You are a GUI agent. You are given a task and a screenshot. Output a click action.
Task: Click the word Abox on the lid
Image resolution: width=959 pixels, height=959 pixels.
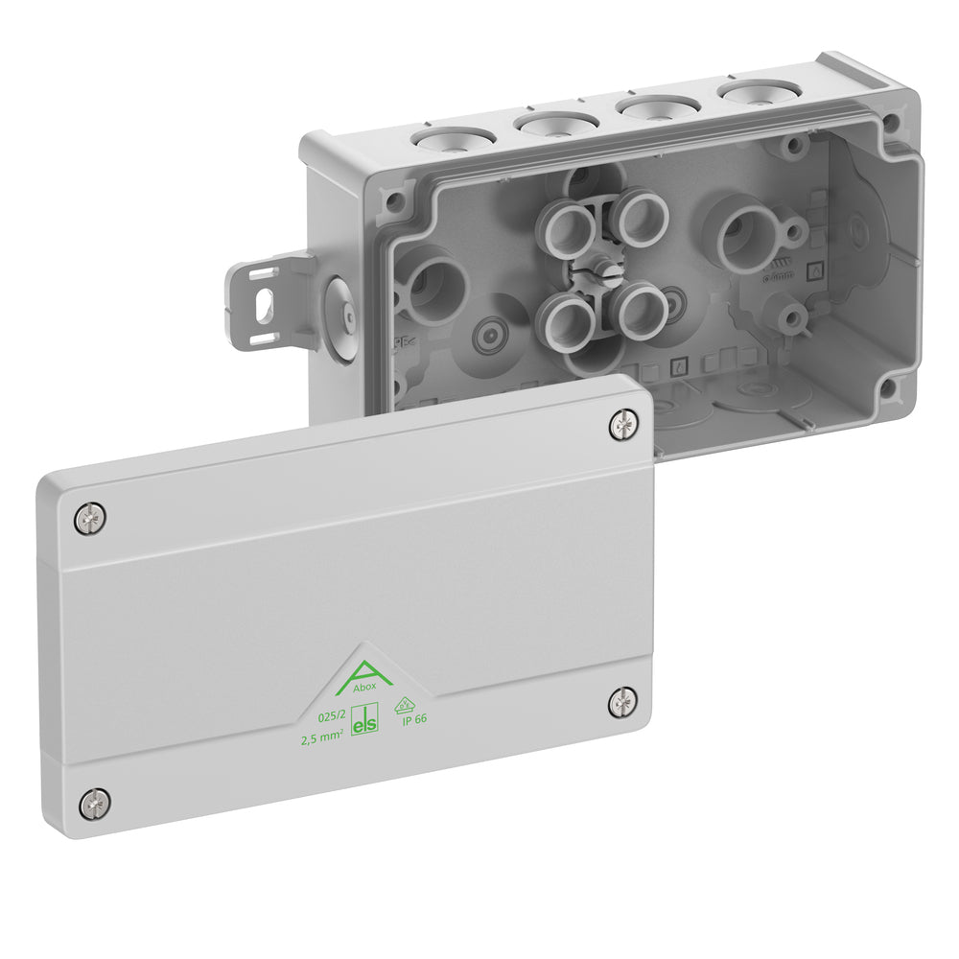coord(364,687)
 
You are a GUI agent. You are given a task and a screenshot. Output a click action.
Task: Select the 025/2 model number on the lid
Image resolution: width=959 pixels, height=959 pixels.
coord(332,716)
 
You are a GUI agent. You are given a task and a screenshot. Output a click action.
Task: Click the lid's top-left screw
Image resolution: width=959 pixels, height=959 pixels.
coord(89,519)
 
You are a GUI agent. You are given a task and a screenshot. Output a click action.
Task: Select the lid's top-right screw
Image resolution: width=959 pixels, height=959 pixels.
coord(624,424)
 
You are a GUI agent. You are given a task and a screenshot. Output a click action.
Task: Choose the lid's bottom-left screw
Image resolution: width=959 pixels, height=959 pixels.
coord(94,803)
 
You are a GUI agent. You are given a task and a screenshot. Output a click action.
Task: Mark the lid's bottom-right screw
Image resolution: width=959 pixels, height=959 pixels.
coord(623,702)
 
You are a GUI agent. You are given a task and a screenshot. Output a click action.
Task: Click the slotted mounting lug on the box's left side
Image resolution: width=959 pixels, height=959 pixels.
coord(260,300)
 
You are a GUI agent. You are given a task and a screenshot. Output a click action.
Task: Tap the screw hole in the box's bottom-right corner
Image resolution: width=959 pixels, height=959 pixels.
coord(888,386)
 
